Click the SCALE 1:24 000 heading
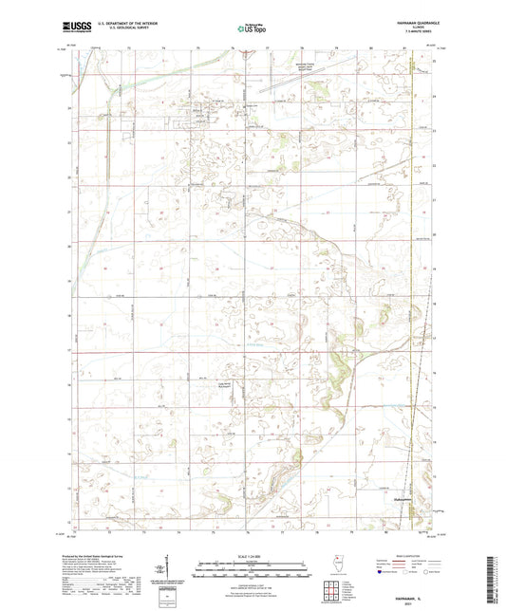tap(252, 556)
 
